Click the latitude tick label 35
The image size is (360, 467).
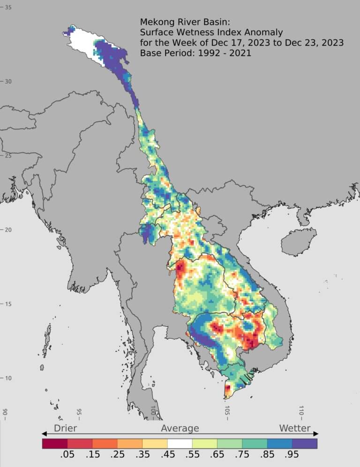coord(8,7)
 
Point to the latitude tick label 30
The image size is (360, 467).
coord(8,81)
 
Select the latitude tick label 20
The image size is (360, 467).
coord(8,229)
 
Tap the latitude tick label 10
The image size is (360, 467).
coord(8,378)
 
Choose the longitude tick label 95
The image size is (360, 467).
coord(79,412)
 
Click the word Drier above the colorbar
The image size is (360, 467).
coord(65,428)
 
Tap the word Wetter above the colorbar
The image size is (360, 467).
coord(294,428)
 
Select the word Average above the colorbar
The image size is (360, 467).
coord(180,428)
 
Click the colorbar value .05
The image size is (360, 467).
coord(67,455)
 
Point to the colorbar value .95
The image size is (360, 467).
coord(292,455)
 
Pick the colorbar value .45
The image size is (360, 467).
coord(167,455)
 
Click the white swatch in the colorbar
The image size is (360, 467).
coord(180,443)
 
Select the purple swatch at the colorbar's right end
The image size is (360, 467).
coord(305,443)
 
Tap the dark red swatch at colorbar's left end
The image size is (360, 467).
coord(55,443)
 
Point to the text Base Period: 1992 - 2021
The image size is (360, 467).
coord(195,53)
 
